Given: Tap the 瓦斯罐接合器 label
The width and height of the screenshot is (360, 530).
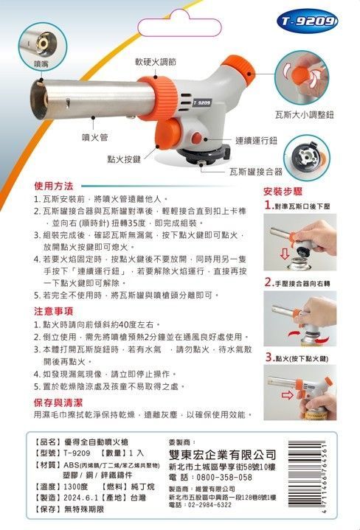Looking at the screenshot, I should [255, 171].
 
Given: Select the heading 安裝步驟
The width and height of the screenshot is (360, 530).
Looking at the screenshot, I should [283, 191].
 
